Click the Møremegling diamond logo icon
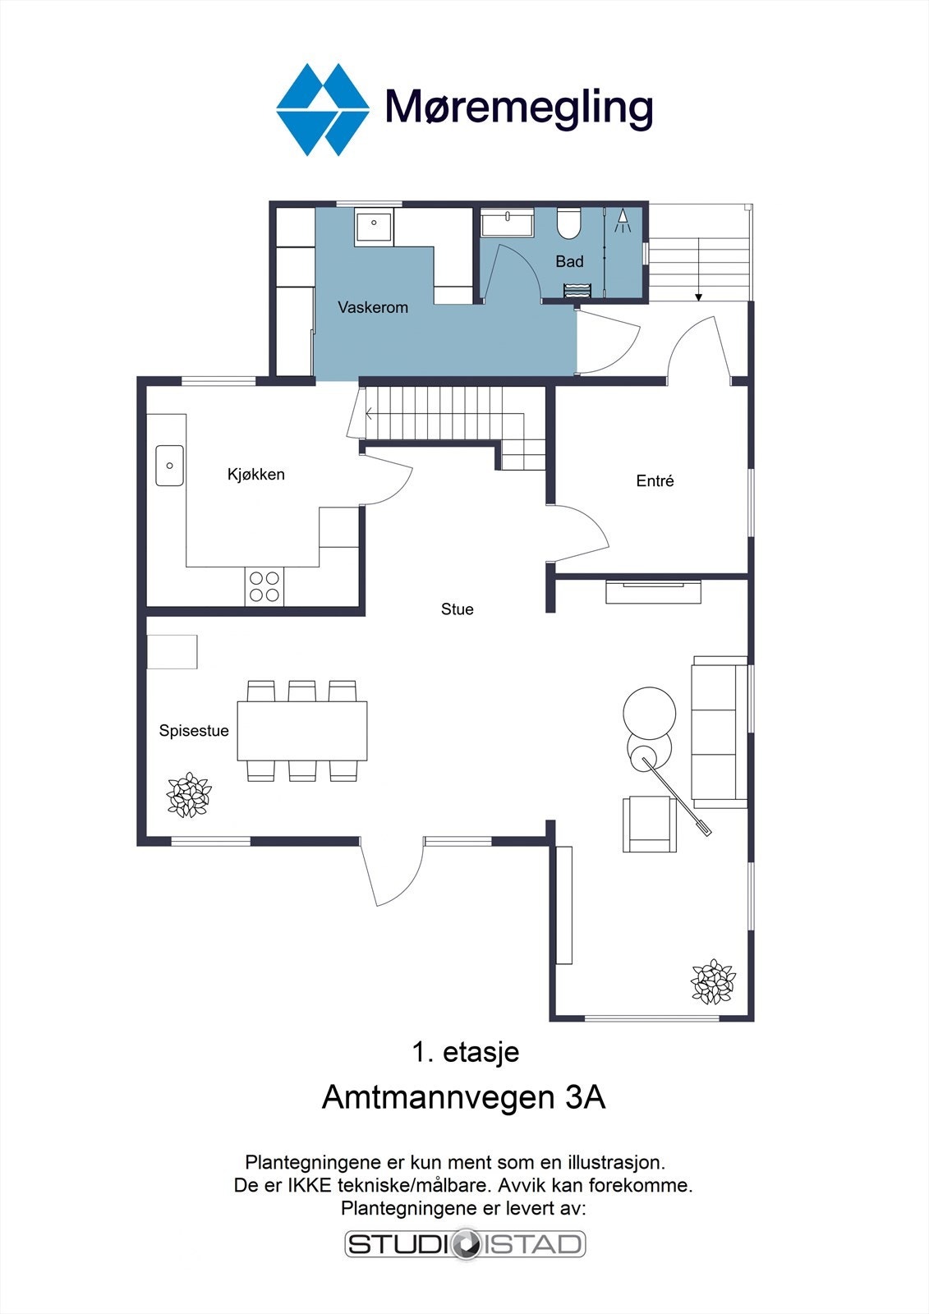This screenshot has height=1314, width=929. tap(322, 109)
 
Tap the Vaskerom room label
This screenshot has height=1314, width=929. tap(373, 307)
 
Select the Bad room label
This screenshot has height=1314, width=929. tap(569, 261)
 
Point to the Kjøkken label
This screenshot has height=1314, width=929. tap(256, 474)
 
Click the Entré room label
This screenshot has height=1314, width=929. tap(655, 481)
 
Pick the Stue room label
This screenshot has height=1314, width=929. tap(458, 609)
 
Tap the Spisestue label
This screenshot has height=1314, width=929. tap(194, 731)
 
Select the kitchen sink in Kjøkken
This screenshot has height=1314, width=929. tap(170, 465)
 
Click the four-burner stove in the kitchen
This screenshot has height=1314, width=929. tap(264, 586)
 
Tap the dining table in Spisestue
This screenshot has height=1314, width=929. tap(302, 730)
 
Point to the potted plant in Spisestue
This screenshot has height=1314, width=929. tap(189, 795)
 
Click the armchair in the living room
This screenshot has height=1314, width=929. tap(649, 824)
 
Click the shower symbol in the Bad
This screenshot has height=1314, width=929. tap(623, 219)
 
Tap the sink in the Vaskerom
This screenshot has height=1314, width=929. tap(375, 225)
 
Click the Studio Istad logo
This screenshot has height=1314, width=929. tap(465, 1244)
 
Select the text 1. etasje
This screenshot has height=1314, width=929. tap(465, 1052)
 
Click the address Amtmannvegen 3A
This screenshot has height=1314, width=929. tap(464, 1097)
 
